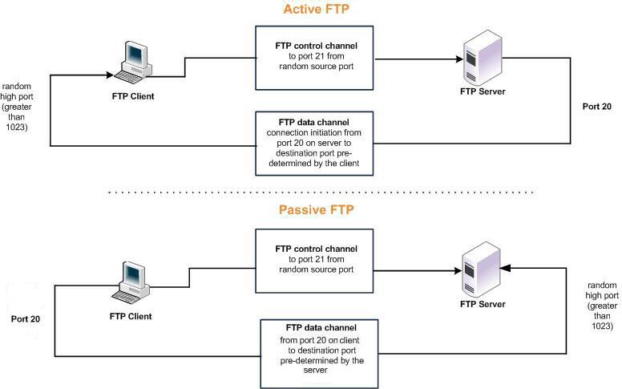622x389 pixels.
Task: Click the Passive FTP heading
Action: pos(316,211)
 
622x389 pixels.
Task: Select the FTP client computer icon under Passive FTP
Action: pos(131,281)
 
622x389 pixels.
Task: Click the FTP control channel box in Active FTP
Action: pos(316,59)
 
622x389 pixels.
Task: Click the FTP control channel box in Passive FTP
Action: pos(316,259)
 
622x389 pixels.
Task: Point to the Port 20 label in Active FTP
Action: pos(596,106)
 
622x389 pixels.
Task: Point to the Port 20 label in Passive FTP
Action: pos(26,318)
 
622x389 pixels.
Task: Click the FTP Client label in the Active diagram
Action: pos(133,96)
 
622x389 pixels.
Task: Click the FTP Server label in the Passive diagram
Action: pos(483,306)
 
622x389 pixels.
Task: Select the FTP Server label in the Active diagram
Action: pos(483,91)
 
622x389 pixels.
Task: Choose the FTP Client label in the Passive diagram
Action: pos(131,316)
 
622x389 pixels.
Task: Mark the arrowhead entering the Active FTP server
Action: pos(460,59)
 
